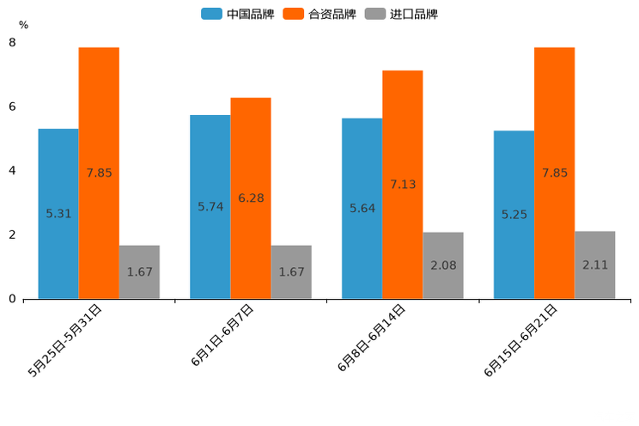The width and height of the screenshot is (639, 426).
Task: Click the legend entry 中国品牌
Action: point(238,14)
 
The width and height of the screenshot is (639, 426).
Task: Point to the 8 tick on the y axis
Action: point(12,42)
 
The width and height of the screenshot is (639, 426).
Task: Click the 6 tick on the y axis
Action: point(12,106)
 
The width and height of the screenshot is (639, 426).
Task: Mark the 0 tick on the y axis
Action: point(12,299)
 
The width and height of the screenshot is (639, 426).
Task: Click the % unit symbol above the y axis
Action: point(23,25)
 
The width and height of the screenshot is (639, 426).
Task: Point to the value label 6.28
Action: point(251,198)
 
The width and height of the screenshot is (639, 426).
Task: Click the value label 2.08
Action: point(443,265)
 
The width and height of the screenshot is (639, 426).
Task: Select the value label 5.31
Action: point(58,214)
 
